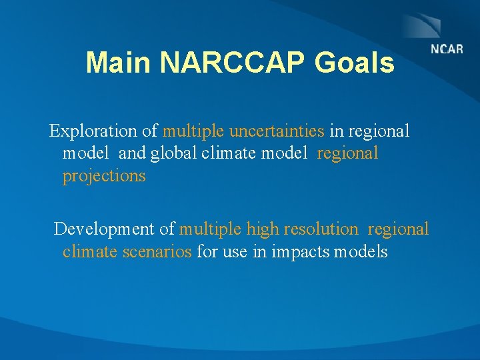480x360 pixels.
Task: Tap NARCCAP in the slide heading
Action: coord(234,63)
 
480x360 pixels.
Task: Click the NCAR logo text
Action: coord(447,49)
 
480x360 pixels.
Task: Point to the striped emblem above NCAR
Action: coord(421,26)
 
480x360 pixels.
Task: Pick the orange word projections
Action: coord(104,176)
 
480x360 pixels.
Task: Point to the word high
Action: coord(263,229)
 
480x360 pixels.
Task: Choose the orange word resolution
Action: coord(321,229)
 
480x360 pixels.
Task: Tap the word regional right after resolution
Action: coord(398,229)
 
